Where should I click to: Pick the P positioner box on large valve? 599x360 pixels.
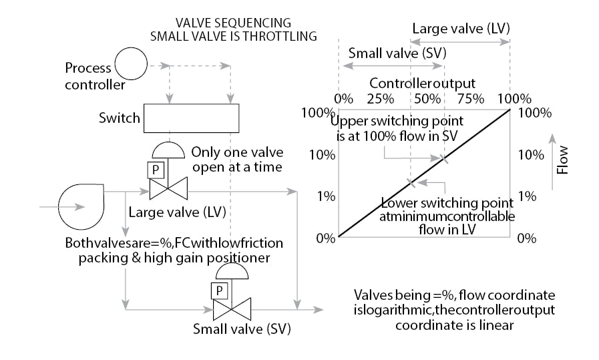click(156, 170)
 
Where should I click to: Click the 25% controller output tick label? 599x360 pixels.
click(380, 99)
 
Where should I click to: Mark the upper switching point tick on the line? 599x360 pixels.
click(444, 158)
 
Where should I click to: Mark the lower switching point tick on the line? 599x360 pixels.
click(411, 182)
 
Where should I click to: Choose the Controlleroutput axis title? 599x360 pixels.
click(422, 83)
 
